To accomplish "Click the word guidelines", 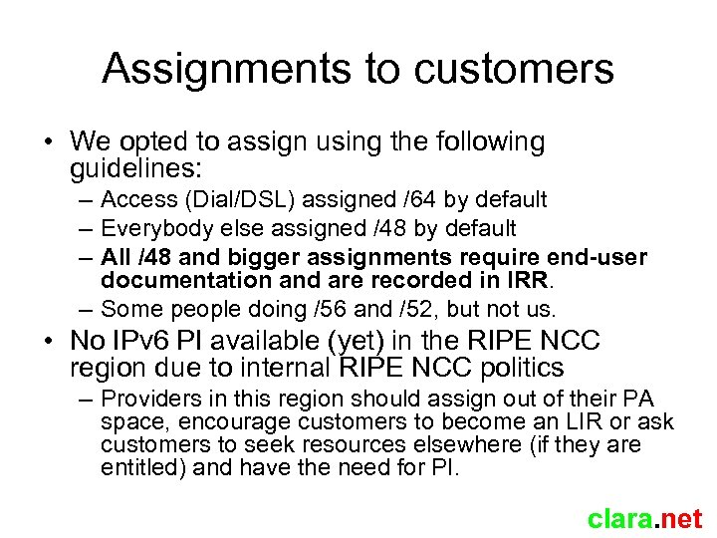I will [141, 168].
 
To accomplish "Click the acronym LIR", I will [577, 422].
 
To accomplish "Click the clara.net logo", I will [644, 518].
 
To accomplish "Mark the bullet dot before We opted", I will [48, 143].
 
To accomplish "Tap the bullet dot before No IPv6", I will [48, 342].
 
